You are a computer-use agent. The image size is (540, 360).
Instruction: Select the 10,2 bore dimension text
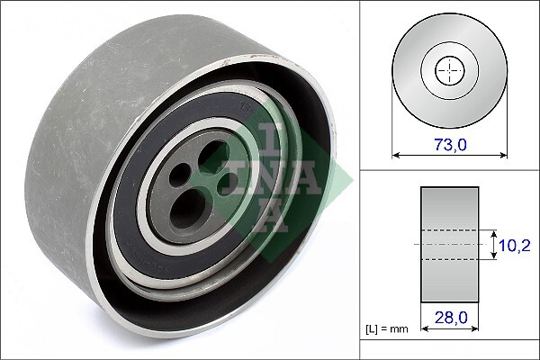[x=515, y=244]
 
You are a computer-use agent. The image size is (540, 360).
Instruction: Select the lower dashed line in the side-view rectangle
[x=447, y=259]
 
